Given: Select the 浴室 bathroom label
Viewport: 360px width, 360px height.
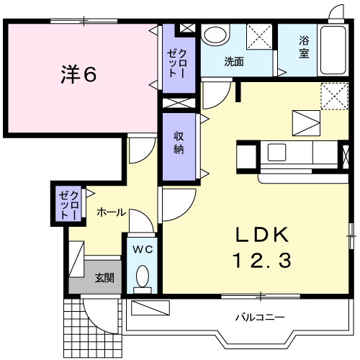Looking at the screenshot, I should coord(304,48).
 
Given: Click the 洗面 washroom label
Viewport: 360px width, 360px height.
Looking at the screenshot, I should coord(233,62).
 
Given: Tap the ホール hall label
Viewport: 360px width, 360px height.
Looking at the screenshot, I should coord(111,212).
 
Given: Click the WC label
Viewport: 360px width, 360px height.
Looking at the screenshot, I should coord(142,250).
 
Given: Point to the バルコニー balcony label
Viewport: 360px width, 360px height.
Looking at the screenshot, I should coord(261,317).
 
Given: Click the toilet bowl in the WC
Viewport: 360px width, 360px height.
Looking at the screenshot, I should coord(143,276).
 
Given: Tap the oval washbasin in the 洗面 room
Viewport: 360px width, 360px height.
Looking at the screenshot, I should coord(215,35).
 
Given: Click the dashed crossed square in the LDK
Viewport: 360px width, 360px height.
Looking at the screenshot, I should coord(332,96).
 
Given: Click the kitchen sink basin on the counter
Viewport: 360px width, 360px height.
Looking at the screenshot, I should coord(277,152).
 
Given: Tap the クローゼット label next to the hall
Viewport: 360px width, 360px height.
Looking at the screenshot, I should coord(68,204).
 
